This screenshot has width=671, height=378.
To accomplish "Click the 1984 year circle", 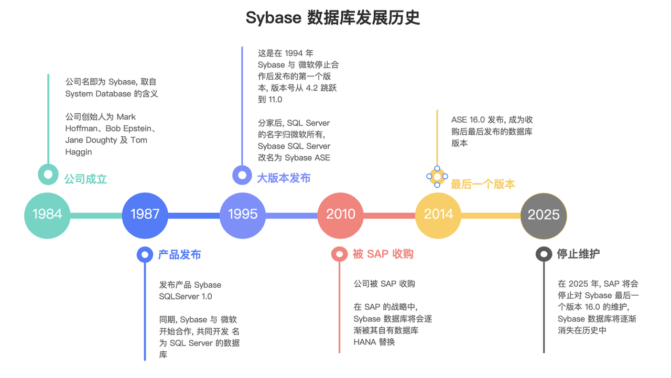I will coord(47,214).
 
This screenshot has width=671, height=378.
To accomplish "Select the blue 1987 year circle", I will coord(145,214).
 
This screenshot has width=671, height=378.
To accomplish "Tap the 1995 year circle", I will coord(243,214).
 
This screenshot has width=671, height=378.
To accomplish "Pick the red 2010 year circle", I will coord(340,214).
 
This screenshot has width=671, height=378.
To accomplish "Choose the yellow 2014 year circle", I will coord(438,214).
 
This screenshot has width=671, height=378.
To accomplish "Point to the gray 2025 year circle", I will coord(544,215).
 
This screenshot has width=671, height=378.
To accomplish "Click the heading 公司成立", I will coord(85,179).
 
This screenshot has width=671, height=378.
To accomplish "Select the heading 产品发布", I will coord(179,255).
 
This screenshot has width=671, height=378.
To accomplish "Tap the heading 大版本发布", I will coord(284,178).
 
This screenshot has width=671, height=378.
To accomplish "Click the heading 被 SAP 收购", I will coord(383,254).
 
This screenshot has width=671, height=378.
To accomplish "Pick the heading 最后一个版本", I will coord(483,184).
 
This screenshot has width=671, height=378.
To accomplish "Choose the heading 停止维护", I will coord(578,254).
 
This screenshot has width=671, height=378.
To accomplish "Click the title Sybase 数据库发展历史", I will coord(333,18).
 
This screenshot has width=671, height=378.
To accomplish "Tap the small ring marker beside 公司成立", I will coord(48,174).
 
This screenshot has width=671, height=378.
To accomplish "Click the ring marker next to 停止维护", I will coord(544,254).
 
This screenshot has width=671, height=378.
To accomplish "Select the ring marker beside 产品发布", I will coord(145,254).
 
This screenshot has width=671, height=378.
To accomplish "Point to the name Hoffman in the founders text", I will coord(82,128).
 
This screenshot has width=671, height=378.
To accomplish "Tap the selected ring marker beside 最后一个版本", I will coord(437,177).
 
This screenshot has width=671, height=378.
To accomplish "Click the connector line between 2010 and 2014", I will coord(389,215).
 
